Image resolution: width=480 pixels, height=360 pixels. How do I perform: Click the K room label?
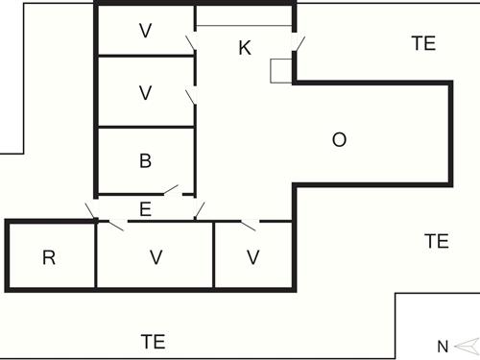tap(245, 48)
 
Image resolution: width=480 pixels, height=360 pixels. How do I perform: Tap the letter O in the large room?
tap(339, 140)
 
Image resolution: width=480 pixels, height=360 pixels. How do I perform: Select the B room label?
tap(145, 160)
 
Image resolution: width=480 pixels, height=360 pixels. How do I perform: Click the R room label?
tap(49, 257)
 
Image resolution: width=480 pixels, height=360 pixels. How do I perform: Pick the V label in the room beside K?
tap(145, 31)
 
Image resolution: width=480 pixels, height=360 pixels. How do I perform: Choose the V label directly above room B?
tap(145, 93)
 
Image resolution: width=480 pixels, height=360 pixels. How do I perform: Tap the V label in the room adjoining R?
tap(155, 257)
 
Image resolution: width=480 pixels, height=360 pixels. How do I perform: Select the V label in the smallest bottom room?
tap(252, 257)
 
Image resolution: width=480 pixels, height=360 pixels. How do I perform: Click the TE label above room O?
tap(423, 43)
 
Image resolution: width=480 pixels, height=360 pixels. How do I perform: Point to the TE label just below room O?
tap(437, 241)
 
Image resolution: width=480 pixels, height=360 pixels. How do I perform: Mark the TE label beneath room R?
tap(154, 341)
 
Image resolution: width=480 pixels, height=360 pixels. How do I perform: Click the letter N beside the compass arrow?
tap(443, 346)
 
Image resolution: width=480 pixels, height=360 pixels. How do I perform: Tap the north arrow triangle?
tap(465, 346)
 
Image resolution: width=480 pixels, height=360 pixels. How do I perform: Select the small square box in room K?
tap(281, 71)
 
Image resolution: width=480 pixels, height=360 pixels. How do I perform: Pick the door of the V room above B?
tap(192, 97)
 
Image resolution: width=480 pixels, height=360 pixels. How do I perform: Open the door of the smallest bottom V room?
tap(249, 225)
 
